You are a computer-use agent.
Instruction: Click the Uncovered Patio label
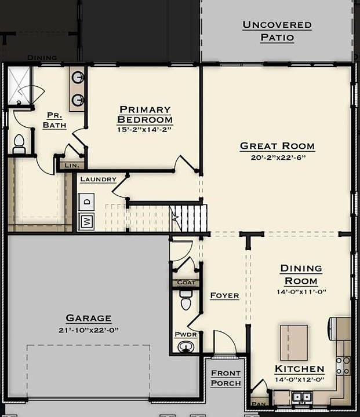[277, 31]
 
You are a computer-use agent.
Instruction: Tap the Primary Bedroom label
[145, 115]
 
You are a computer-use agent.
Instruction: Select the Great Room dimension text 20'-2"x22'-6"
[278, 158]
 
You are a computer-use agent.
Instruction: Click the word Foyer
[224, 295]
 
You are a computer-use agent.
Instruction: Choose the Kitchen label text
[299, 369]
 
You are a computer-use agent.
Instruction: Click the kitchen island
[293, 343]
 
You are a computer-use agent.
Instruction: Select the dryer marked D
[86, 201]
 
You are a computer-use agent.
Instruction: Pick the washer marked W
[86, 221]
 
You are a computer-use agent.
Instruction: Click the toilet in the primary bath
[19, 144]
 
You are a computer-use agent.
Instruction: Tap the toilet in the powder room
[186, 302]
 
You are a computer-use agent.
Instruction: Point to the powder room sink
[186, 346]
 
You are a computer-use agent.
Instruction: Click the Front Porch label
[226, 378]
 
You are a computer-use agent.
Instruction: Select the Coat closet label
[186, 283]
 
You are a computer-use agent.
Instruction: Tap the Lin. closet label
[71, 166]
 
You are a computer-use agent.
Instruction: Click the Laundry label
[98, 180]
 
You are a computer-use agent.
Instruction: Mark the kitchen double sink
[301, 397]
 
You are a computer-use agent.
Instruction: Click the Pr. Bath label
[54, 120]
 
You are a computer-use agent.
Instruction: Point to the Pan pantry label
[259, 404]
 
